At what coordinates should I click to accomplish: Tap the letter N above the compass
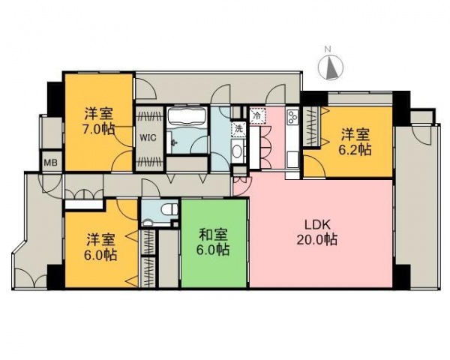click(328, 49)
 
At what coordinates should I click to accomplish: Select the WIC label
click(148, 138)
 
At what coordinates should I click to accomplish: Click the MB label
click(52, 162)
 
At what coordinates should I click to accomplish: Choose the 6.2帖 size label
click(356, 150)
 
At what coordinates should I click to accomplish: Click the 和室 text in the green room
click(214, 233)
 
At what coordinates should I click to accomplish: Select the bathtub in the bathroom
click(187, 118)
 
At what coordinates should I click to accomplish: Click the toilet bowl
click(168, 209)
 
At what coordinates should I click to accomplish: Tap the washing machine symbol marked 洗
click(238, 128)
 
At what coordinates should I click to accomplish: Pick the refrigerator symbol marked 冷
click(257, 116)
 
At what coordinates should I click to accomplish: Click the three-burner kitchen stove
click(292, 118)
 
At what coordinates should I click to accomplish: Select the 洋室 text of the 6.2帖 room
click(356, 134)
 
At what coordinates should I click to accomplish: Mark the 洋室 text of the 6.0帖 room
click(100, 239)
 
